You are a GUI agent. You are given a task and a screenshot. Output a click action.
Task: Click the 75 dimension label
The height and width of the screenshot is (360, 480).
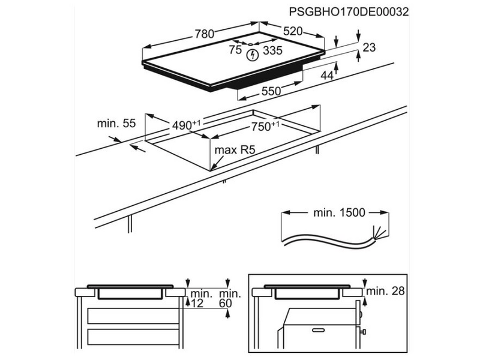point(235,50)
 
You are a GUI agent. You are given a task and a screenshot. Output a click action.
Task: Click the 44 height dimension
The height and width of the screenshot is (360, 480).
point(327,75)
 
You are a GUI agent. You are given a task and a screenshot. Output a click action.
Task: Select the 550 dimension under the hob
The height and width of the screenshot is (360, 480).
point(271,92)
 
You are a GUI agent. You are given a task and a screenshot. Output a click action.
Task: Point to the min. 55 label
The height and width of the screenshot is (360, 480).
point(116,124)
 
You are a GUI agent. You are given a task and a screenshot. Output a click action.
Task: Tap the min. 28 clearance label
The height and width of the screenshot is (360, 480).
point(386,292)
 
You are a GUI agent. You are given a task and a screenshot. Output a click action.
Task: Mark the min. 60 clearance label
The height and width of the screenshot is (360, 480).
point(229,298)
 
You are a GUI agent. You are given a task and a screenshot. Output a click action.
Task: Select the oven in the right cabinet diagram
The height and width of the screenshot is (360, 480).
point(318,330)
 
